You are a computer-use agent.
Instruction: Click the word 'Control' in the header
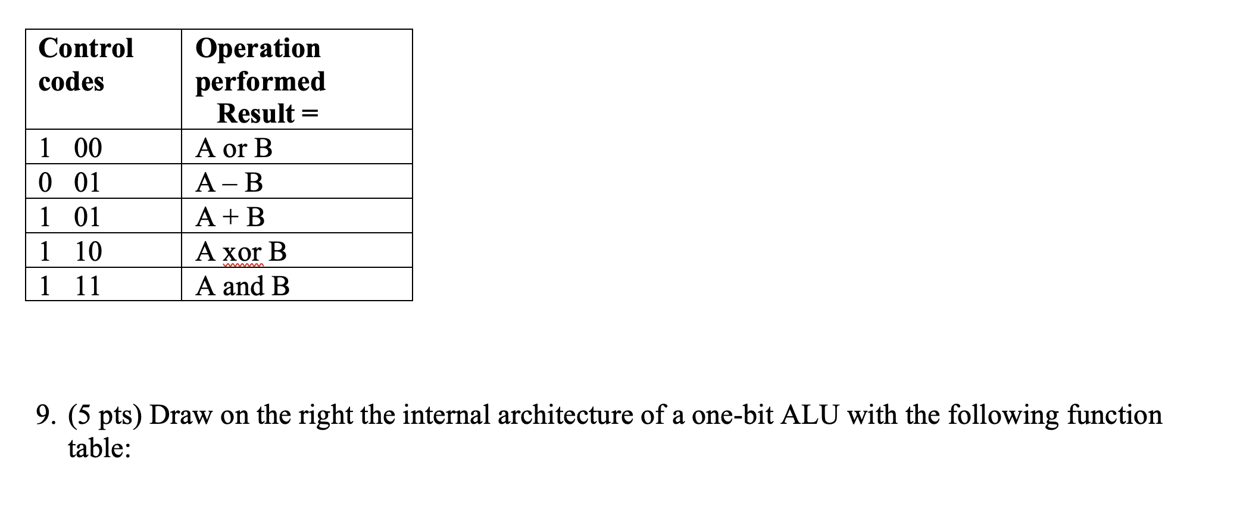86,48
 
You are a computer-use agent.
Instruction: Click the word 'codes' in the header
71,82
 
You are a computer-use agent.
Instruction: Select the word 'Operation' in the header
258,48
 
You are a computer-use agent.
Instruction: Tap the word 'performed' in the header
260,82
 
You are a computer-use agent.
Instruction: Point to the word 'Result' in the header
256,114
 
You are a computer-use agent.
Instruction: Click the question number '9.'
46,415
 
